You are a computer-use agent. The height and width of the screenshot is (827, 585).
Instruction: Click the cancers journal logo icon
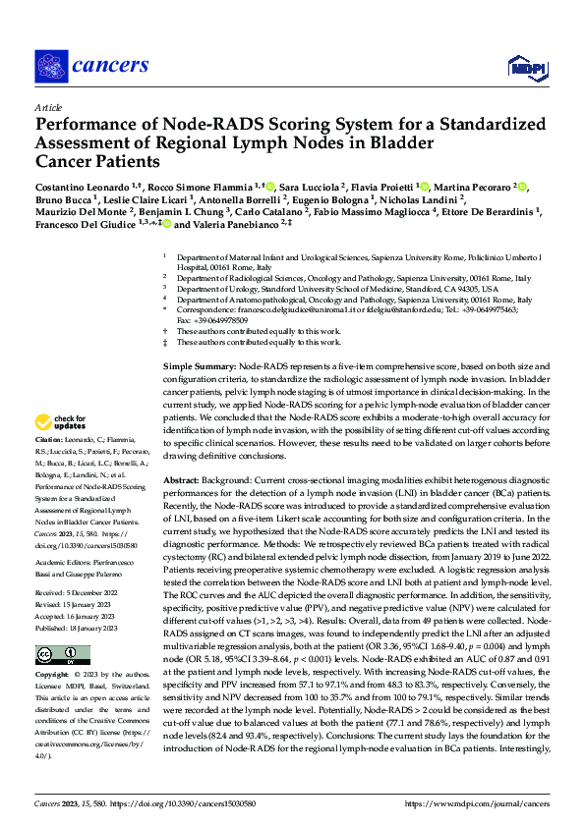(50, 66)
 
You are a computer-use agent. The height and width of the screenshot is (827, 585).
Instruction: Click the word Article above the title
(49, 107)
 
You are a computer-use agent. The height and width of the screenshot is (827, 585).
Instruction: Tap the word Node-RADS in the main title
(175, 126)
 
